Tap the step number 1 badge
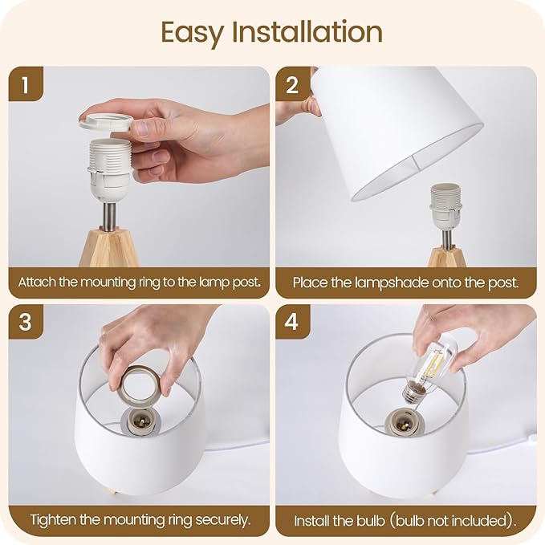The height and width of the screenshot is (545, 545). [x=26, y=84]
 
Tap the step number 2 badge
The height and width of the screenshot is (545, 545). [x=292, y=84]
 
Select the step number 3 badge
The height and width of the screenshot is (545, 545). [x=26, y=322]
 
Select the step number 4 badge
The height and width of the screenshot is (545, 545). [x=292, y=322]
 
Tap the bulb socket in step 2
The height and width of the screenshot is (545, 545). [x=446, y=208]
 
